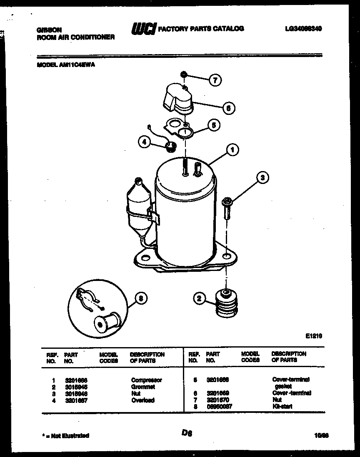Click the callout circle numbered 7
(215, 80)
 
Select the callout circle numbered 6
(227, 108)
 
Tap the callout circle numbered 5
(213, 125)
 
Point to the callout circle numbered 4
(144, 142)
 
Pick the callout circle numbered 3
(262, 178)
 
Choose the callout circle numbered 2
(200, 298)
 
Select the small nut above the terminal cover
(183, 75)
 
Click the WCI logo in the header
(144, 29)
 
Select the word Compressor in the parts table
(146, 380)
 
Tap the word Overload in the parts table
(143, 400)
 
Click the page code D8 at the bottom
(186, 433)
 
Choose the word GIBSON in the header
(49, 30)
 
